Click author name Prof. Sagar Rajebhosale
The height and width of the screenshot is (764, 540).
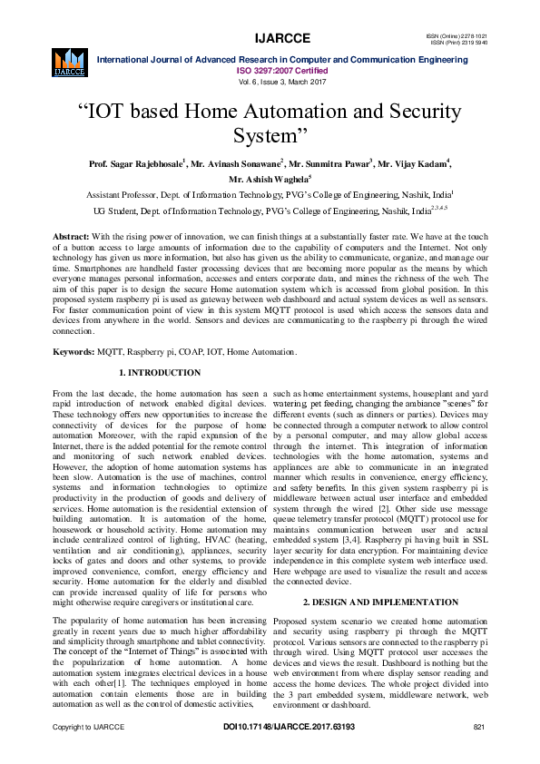tap(136, 164)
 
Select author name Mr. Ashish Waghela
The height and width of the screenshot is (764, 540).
tap(269, 180)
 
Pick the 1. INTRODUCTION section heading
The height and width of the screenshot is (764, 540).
tap(160, 373)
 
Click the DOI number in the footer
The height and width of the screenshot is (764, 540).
tap(289, 752)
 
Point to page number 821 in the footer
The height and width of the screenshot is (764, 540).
tap(480, 752)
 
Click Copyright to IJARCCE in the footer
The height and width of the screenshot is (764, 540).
tap(88, 752)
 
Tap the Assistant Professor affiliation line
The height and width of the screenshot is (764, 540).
tap(270, 195)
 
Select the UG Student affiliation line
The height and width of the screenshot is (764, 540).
tap(270, 211)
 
